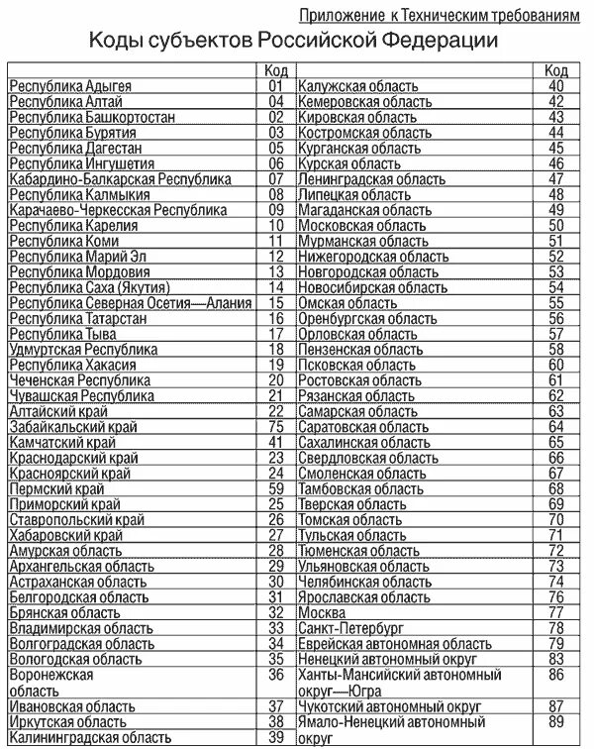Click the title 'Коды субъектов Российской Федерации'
pyautogui.click(x=295, y=41)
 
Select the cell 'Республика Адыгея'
pyautogui.click(x=70, y=86)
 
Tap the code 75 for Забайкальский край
pyautogui.click(x=276, y=426)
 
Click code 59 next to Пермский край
pyautogui.click(x=276, y=488)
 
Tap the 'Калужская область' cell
pyautogui.click(x=357, y=86)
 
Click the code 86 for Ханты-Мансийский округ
pyautogui.click(x=555, y=675)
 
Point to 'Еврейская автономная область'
pyautogui.click(x=394, y=644)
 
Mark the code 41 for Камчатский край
pyautogui.click(x=276, y=442)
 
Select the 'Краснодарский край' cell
pyautogui.click(x=72, y=458)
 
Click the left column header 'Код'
pyautogui.click(x=276, y=70)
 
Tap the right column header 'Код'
pyautogui.click(x=555, y=70)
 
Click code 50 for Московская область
pyautogui.click(x=555, y=226)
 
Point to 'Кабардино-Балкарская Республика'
pyautogui.click(x=120, y=179)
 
